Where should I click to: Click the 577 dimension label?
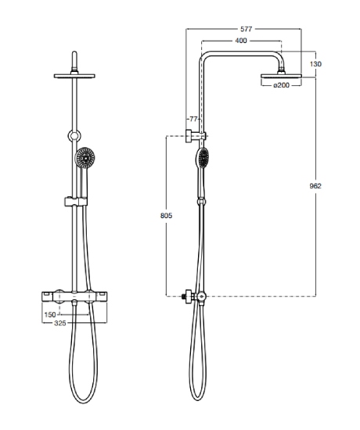tap(246, 29)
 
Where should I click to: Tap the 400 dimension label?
tap(241, 41)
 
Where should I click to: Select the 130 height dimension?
tap(315, 64)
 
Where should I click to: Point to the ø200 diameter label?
tap(282, 85)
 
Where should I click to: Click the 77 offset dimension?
tap(193, 119)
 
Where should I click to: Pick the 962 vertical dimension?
tap(315, 186)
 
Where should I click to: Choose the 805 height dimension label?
tap(166, 216)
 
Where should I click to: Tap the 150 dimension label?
tap(50, 314)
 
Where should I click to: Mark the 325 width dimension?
tap(59, 323)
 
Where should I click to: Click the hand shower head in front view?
tap(85, 157)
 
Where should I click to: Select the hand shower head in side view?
tap(203, 157)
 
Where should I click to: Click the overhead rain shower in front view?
tap(74, 76)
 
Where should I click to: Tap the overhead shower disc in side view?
tap(281, 76)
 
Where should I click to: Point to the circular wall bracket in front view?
tap(74, 135)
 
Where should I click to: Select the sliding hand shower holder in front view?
tap(76, 202)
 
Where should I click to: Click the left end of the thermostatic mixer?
tap(42, 297)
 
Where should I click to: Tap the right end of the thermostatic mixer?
tap(106, 297)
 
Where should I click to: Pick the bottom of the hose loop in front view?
tap(83, 403)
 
